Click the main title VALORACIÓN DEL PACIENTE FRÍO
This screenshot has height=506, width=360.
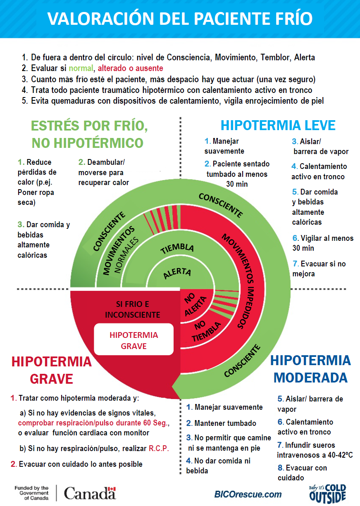pos(180,19)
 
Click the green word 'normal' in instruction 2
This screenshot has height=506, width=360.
pos(81,68)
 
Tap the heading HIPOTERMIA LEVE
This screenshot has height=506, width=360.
pos(278,125)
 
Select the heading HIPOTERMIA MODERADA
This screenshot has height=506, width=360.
pos(310,368)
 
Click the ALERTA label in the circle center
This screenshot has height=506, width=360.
pos(177,273)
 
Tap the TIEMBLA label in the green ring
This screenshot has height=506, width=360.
pos(177,249)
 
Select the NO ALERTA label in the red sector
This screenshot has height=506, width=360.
pos(193,305)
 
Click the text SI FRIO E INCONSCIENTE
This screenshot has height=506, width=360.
pos(132,309)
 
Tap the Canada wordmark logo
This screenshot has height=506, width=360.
pos(90,493)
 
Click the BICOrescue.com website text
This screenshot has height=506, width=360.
pos(248,494)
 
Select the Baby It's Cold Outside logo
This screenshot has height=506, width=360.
pos(327,494)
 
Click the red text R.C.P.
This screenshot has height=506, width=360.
pos(159,448)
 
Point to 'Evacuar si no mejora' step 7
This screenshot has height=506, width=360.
pos(319,268)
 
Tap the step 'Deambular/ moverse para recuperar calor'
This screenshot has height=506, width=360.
pos(104,172)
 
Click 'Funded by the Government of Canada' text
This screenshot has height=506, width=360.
pos(31,493)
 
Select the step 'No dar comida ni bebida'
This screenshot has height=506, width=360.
pos(218,466)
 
